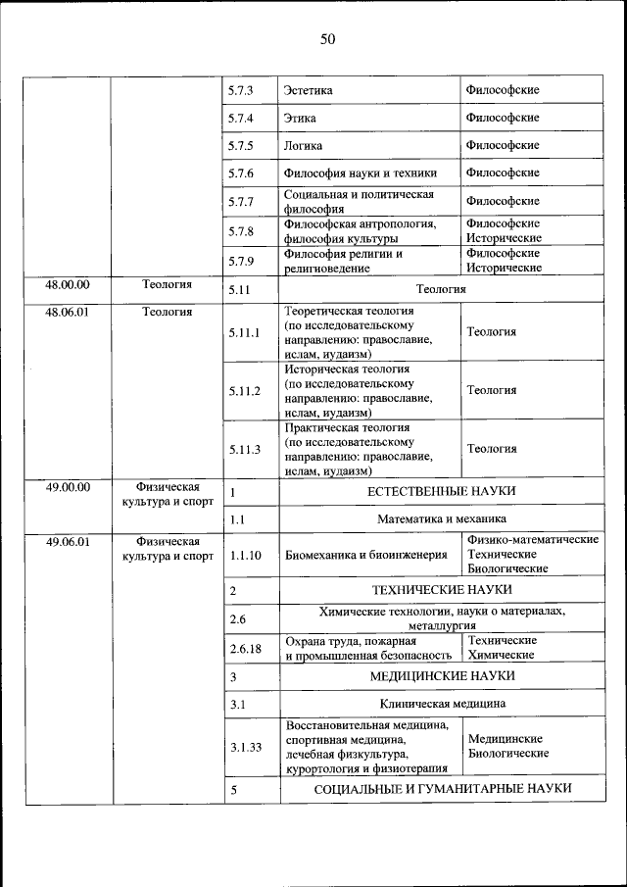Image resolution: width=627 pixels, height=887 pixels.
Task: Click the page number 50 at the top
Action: point(327,39)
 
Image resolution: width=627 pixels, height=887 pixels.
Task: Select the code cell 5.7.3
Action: point(241,90)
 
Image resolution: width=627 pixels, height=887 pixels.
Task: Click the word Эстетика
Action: point(309,90)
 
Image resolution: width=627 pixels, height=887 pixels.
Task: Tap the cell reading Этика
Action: point(300,118)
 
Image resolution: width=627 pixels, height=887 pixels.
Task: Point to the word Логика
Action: point(304,145)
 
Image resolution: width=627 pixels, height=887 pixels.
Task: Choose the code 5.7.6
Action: point(241,173)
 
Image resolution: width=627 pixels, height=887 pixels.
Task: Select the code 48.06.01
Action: point(68,312)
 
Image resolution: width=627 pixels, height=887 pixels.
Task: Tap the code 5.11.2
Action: point(245,391)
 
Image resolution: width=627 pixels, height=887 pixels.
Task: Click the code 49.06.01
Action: point(68,541)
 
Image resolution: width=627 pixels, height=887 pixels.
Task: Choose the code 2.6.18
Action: point(245,648)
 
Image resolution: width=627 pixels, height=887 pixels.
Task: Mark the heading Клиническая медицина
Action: point(442,704)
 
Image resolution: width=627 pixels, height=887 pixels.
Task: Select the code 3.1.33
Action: point(245,747)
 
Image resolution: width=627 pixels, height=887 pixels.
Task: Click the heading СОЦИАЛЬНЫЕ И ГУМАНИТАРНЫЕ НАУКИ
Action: point(442,789)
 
